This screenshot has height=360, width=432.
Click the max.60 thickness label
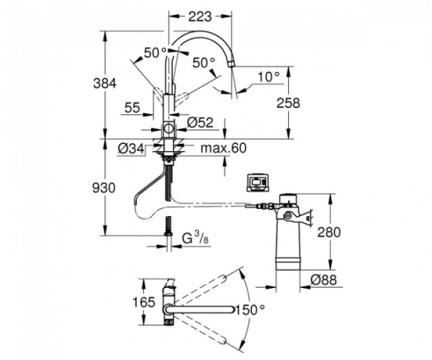224,149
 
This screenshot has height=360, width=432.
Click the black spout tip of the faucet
233,67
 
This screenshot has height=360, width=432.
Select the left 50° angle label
156,52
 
